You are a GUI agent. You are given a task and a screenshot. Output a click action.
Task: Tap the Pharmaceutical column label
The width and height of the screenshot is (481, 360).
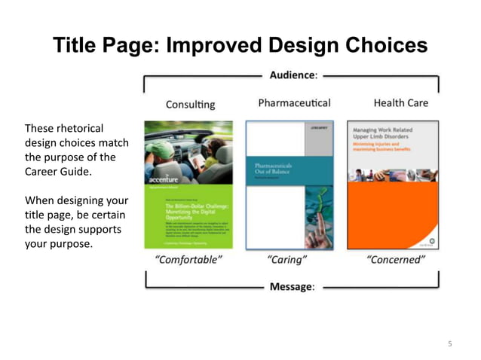294,102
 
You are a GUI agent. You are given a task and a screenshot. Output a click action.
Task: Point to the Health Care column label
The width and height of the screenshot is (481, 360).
400,102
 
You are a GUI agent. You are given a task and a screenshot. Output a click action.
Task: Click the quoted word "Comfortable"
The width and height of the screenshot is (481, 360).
188,261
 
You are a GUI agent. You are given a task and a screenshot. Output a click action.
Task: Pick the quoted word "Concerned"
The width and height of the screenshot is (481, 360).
396,261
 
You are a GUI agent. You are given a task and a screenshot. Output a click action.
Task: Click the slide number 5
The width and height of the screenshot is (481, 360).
450,344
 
